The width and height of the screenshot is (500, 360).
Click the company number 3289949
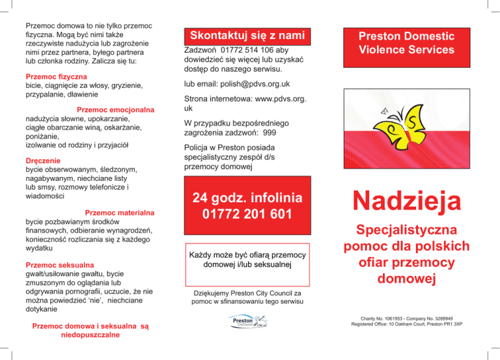coord(450,318)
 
